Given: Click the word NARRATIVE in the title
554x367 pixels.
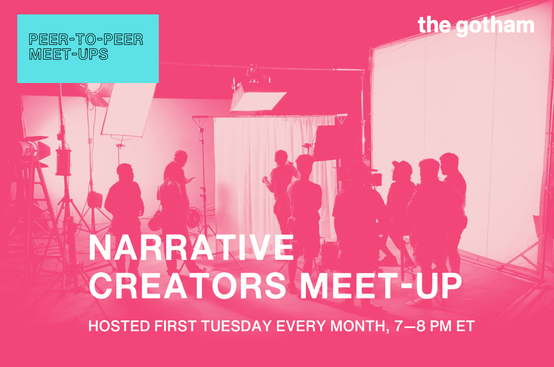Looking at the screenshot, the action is tap(191, 247).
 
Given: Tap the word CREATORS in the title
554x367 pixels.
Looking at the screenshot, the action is tap(188, 286).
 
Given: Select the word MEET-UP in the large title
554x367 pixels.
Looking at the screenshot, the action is tap(381, 286).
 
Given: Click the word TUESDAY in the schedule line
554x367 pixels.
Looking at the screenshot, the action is tap(237, 326).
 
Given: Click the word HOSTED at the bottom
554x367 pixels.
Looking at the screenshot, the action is tap(119, 326).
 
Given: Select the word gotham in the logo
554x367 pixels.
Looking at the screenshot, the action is tap(495, 27).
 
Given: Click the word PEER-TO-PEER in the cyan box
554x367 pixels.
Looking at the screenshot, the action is tap(86, 39).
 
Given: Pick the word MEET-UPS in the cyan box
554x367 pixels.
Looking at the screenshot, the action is tap(69, 54).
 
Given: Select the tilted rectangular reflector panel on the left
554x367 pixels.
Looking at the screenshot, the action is tap(129, 110).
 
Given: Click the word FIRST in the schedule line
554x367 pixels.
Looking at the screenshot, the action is tap(176, 326).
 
